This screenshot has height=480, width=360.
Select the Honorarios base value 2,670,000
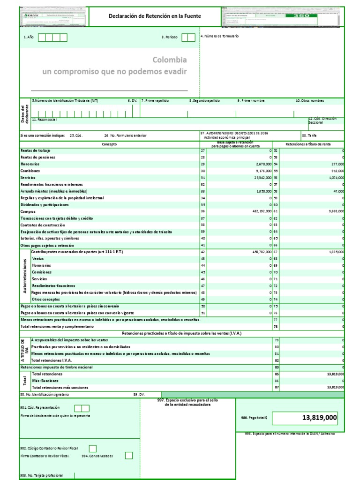261,164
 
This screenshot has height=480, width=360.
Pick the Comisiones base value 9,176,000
261,171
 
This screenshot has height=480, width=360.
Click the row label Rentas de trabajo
36,150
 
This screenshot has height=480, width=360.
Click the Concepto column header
109,144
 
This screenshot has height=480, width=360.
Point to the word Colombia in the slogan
169,60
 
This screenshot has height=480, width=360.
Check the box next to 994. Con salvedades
129,455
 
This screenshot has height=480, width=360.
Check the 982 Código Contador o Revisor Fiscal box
93,449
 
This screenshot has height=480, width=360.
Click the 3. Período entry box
188,37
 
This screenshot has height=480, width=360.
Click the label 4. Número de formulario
220,36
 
